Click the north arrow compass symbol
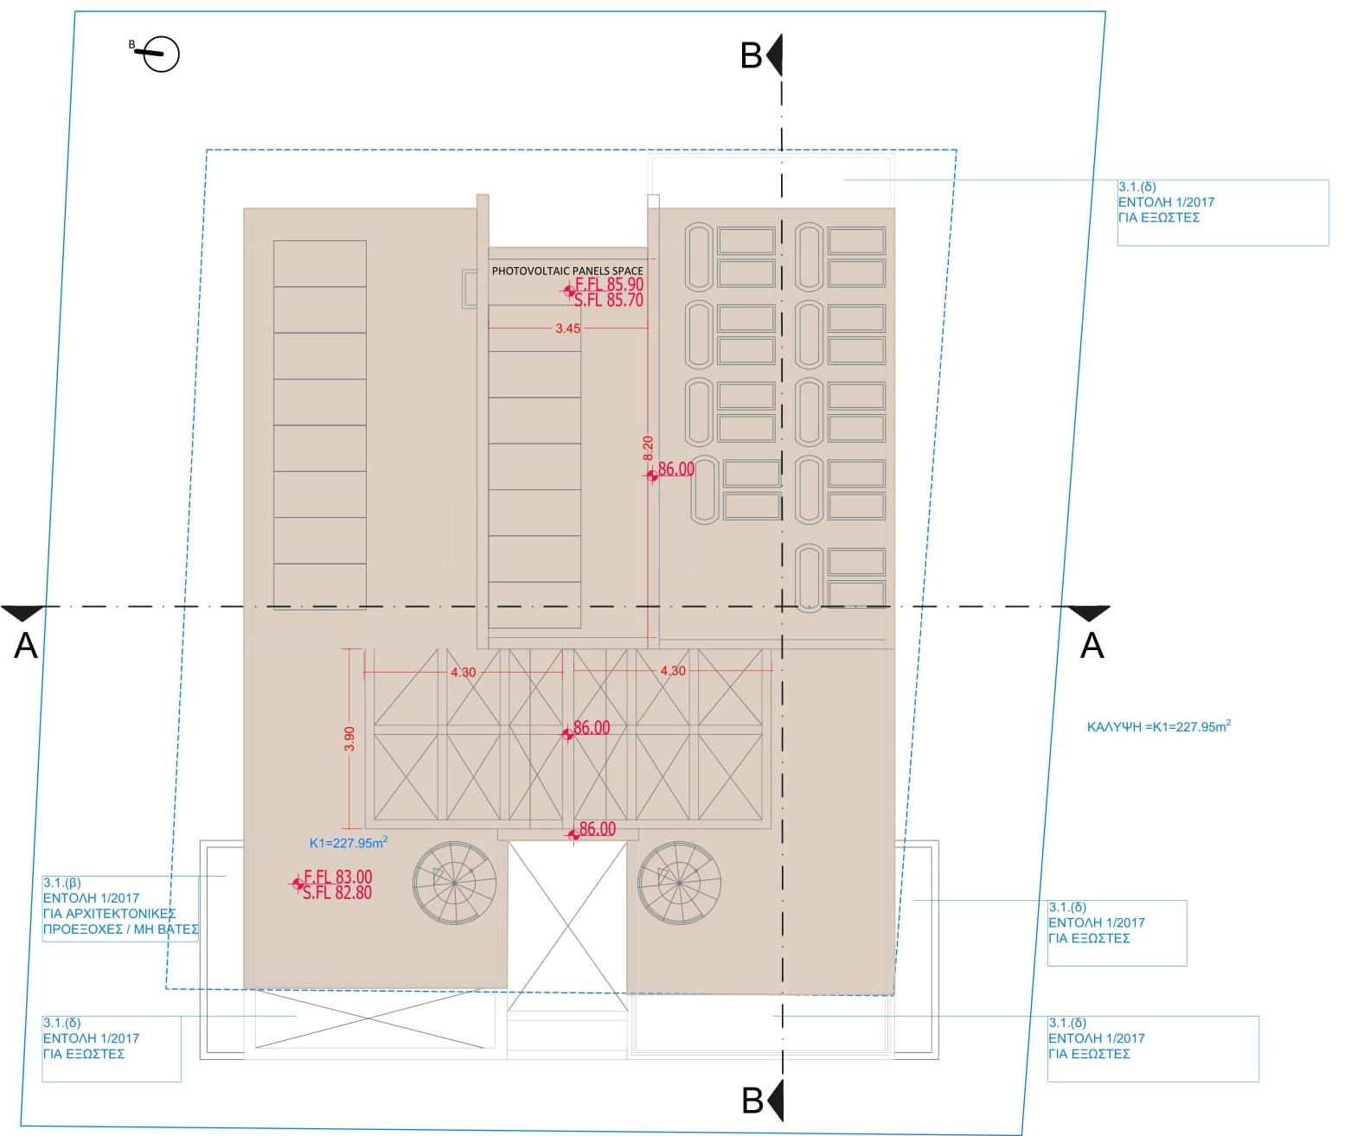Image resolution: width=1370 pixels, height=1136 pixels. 157,54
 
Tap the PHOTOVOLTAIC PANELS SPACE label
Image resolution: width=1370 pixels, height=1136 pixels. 567,271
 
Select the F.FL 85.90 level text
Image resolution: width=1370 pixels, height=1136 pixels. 609,284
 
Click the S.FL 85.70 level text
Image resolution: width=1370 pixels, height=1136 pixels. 609,300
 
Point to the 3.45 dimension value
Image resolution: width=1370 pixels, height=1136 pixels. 567,329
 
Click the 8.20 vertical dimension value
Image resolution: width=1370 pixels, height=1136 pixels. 649,448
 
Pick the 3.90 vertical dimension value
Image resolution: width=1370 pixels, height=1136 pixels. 349,738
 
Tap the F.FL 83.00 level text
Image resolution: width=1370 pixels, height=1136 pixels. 338,877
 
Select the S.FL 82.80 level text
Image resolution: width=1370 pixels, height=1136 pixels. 337,893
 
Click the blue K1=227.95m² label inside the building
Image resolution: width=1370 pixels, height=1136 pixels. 349,843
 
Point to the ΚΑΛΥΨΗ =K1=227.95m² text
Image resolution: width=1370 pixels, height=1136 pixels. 1159,726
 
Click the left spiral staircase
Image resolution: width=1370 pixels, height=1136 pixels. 455,883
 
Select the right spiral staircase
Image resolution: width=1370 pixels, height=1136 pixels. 679,883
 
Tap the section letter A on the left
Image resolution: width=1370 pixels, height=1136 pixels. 26,646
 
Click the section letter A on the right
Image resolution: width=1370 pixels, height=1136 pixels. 1092,646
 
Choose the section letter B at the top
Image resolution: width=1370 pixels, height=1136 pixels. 752,55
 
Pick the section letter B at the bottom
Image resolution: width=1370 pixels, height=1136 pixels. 752,1101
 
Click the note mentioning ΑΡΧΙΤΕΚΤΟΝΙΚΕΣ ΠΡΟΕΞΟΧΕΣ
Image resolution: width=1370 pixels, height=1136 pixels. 121,906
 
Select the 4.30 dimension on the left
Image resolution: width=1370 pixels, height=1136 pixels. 464,673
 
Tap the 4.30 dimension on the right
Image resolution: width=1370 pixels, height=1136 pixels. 673,671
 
